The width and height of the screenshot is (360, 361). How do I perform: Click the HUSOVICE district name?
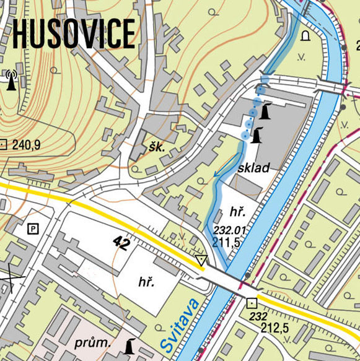[74, 33]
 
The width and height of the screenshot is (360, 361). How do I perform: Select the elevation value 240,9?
[25, 146]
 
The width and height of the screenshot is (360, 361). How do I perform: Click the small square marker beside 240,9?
[3, 146]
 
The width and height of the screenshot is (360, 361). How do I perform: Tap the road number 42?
[121, 243]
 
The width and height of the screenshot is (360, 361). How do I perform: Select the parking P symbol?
[33, 229]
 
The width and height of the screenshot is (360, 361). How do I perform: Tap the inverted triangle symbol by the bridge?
[201, 260]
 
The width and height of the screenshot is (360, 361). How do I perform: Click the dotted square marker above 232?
[252, 303]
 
